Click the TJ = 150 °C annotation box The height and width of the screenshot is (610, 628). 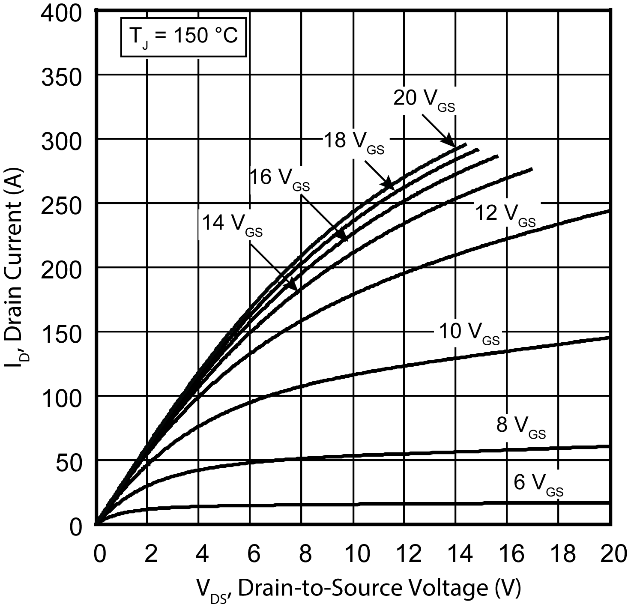coord(183,37)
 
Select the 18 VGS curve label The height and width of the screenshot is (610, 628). coord(353,143)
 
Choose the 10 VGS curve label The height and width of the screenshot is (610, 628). coord(469,333)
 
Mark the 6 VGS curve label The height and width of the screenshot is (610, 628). coord(538,484)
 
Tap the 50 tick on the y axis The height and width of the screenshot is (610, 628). coord(69,462)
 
